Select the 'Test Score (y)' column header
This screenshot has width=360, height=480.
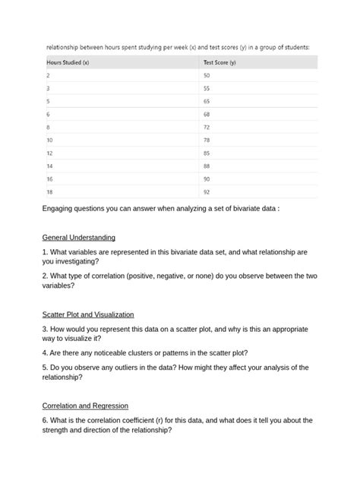tap(219, 62)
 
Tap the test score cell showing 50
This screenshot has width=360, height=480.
tap(207, 75)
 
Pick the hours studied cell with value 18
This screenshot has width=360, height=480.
tap(50, 193)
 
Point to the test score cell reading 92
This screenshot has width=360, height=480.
tap(207, 193)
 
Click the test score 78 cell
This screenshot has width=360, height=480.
tap(207, 141)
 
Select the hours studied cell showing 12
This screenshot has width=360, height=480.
tap(50, 153)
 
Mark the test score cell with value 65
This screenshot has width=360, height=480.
tap(207, 101)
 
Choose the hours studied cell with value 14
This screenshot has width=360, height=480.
tap(50, 166)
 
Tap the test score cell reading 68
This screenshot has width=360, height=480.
tap(207, 114)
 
